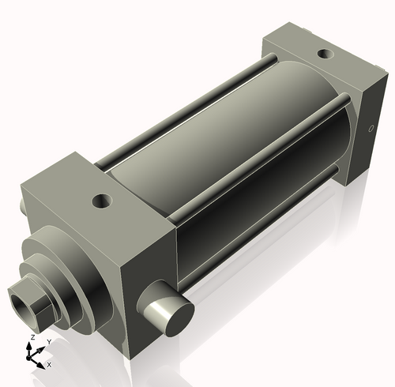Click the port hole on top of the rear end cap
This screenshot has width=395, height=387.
(325, 55)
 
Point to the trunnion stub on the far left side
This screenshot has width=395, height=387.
(22, 205)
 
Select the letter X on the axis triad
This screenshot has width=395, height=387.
(49, 365)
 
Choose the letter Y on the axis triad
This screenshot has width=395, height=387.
(49, 341)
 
